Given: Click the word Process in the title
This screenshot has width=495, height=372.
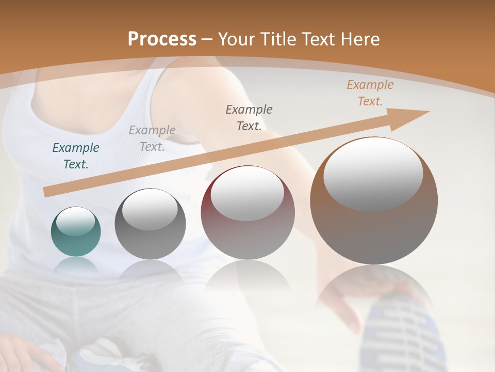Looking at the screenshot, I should tap(162, 39).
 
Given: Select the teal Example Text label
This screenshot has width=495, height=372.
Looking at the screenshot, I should tap(76, 156).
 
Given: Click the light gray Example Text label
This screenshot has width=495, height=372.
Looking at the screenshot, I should tap(152, 138).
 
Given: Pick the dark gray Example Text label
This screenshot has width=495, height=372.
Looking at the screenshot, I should tap(249, 117).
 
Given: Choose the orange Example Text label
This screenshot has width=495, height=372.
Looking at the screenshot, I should tap(370, 93).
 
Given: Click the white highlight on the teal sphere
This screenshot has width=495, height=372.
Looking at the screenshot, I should tap(76, 221).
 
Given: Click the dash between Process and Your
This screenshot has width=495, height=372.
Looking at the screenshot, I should tap(207, 39).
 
